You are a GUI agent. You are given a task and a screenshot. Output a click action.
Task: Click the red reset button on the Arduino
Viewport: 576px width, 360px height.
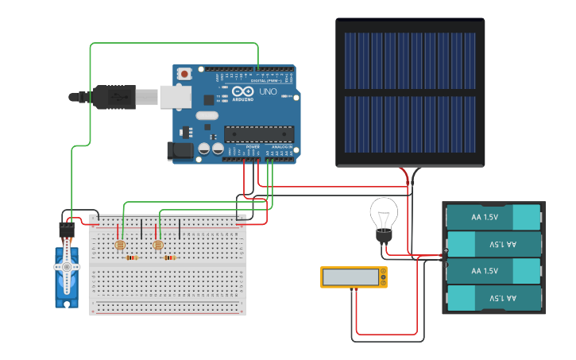click(x=185, y=74)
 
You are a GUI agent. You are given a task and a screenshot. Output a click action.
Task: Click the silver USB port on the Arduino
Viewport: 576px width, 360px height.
click(x=176, y=97)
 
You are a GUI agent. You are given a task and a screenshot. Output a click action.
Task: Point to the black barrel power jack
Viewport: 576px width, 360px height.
click(x=180, y=149)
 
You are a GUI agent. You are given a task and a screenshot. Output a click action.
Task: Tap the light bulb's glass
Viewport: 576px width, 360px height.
click(x=384, y=214)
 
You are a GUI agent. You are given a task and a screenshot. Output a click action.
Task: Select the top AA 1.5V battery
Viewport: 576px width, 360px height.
click(x=493, y=217)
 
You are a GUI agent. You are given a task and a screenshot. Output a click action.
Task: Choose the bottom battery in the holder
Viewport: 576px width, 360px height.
click(x=493, y=298)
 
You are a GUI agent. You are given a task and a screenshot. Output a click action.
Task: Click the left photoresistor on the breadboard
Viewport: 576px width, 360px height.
click(x=121, y=245)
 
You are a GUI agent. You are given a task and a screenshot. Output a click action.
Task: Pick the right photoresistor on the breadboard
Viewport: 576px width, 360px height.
click(x=157, y=245)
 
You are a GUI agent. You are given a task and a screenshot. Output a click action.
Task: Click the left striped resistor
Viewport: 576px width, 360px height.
click(x=132, y=258)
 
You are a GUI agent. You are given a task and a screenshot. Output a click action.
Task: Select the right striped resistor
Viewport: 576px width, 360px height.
click(x=169, y=258)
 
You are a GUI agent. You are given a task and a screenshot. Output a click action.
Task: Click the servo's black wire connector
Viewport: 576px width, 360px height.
click(x=67, y=230)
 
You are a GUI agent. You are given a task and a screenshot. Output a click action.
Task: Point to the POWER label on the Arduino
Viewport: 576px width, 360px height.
click(x=253, y=147)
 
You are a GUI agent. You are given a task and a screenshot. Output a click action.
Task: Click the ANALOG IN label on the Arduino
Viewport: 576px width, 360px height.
click(x=282, y=147)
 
